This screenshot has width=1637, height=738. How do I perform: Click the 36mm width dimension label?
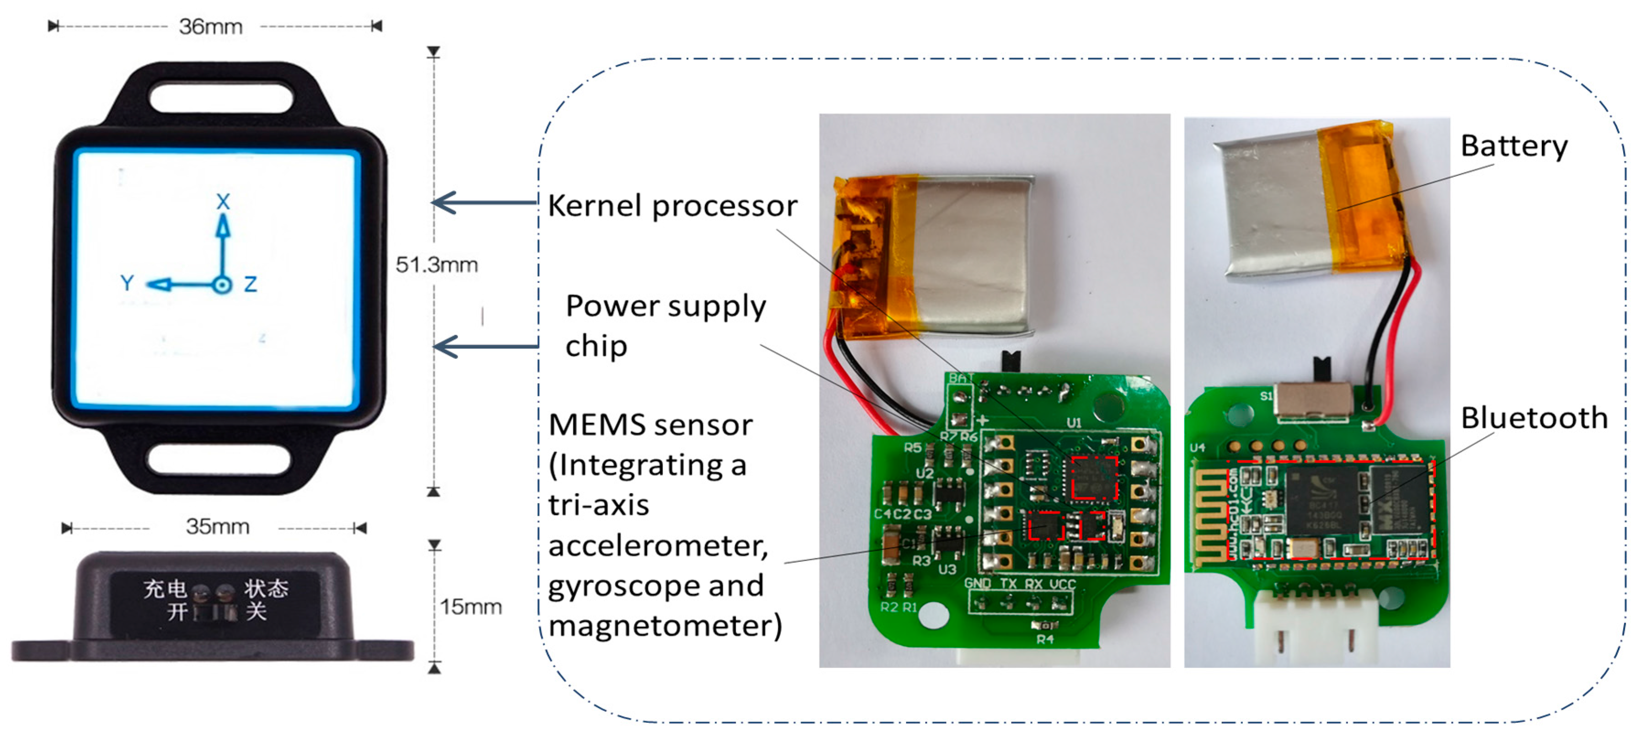[210, 27]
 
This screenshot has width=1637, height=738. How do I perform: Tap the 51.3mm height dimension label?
[437, 264]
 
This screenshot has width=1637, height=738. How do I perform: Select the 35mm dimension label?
[217, 526]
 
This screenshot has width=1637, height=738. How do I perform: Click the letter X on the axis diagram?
[222, 202]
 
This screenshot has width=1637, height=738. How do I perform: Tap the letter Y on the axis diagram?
[127, 283]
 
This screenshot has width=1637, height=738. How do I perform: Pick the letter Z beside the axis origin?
[251, 283]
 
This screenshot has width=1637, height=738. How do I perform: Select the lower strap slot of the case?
[219, 460]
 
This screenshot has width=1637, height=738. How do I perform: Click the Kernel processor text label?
[672, 206]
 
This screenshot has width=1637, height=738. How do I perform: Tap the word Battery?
[1513, 146]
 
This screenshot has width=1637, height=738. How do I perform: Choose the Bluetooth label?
[1533, 418]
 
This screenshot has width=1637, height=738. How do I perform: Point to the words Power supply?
[665, 306]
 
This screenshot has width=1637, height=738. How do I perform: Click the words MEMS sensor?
[650, 425]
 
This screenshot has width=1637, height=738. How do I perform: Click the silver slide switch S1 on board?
[1314, 401]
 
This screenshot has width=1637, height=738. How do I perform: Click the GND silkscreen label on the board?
[977, 583]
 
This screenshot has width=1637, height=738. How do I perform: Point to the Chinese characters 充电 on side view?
[165, 588]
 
